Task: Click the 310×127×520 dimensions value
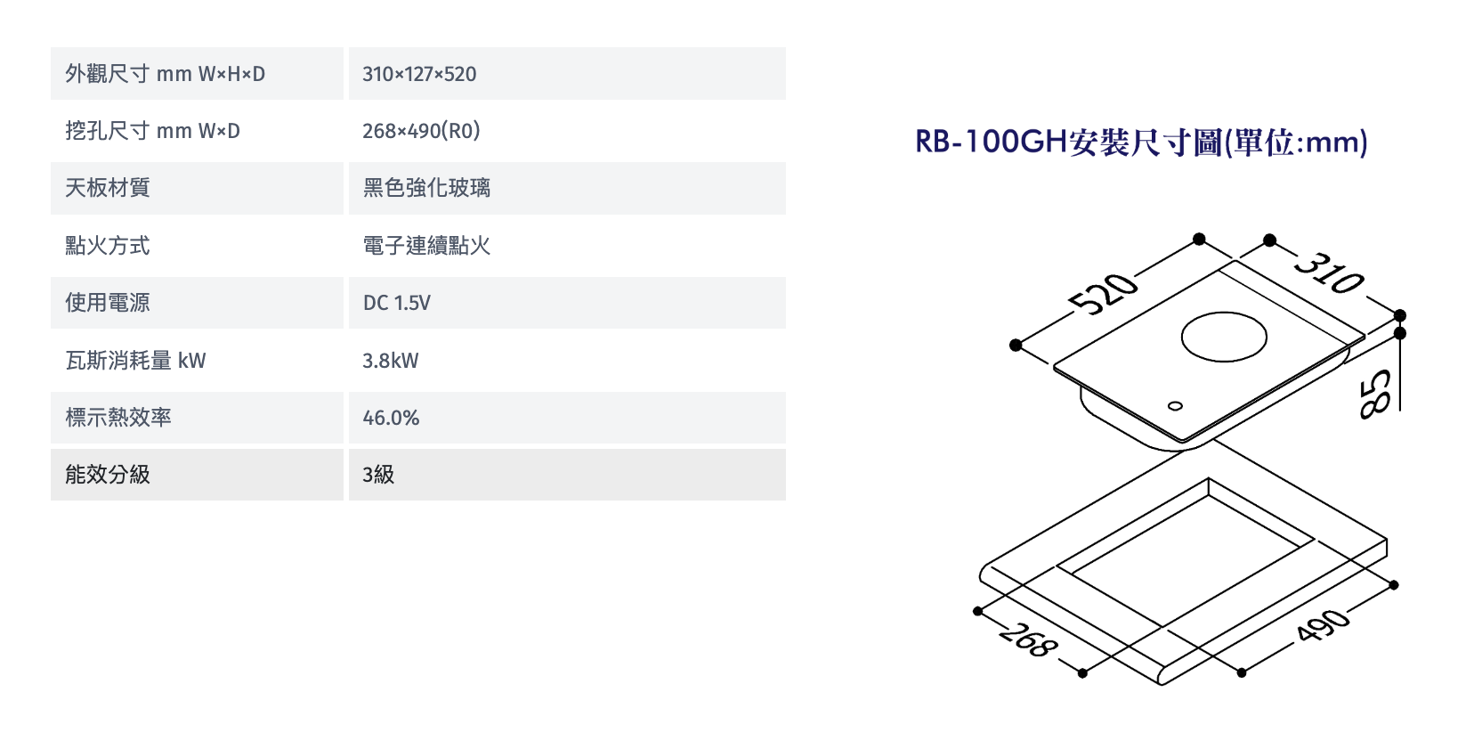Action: (419, 74)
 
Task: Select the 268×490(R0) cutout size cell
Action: (421, 131)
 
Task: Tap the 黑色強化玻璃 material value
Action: (426, 188)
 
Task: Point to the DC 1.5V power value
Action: (396, 303)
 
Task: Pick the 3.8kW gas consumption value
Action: (390, 361)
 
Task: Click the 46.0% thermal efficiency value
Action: (391, 418)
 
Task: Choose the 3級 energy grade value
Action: (378, 475)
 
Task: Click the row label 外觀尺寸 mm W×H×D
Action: (165, 74)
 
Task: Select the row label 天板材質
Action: (107, 188)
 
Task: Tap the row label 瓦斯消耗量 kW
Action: (135, 361)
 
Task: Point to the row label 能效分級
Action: (107, 475)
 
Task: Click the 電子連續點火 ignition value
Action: (426, 246)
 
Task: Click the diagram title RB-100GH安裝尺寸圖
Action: (1140, 142)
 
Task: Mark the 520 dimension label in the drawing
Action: (1104, 294)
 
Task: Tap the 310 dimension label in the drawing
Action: (1329, 273)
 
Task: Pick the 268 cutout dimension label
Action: (1028, 640)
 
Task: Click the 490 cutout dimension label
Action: (1323, 625)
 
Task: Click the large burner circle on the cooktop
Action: (1224, 337)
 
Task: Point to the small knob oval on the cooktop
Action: (1175, 406)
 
